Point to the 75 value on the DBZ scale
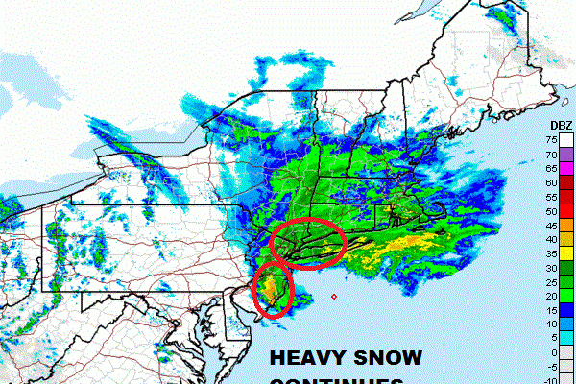tap(554, 139)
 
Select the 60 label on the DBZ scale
tap(554, 181)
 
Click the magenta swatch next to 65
tap(568, 168)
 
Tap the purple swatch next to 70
tap(568, 154)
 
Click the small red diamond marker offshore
tap(333, 296)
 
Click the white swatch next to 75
tap(568, 139)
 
